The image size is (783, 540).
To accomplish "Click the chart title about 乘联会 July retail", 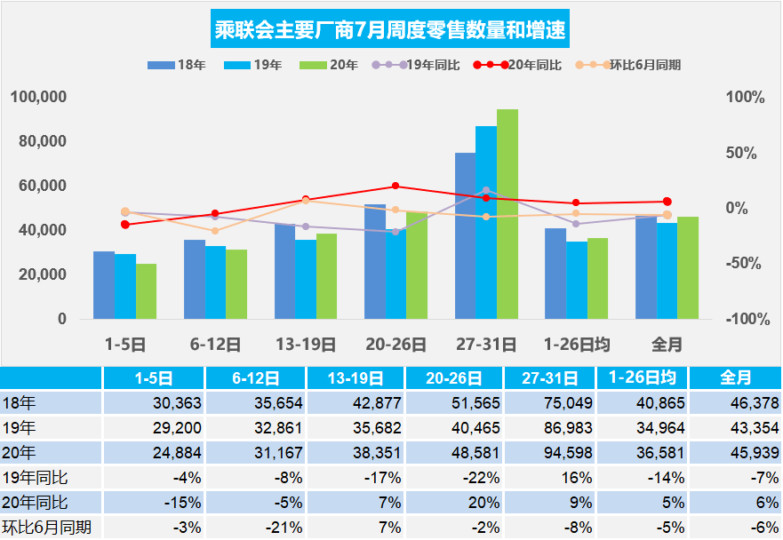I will click(391, 31).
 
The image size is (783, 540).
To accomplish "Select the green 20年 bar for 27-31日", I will click(507, 214).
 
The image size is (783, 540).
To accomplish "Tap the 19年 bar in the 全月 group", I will click(667, 271).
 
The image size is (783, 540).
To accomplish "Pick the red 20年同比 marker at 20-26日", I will click(395, 187).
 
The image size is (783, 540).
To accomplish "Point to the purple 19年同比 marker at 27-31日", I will click(485, 190).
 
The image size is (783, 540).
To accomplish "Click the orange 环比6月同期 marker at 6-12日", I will click(215, 231).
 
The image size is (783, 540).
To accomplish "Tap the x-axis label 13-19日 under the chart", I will click(305, 343).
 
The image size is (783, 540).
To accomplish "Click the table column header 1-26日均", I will click(641, 377).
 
